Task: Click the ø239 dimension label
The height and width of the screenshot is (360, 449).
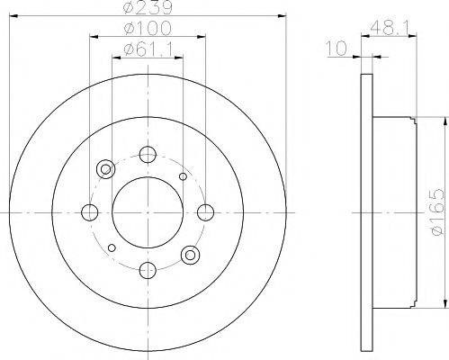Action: tap(148, 7)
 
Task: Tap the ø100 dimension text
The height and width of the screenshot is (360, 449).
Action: tap(148, 29)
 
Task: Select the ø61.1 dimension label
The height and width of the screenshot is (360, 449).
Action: tap(148, 49)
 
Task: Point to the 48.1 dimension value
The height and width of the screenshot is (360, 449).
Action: tap(390, 29)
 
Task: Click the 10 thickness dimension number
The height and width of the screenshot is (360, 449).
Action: tap(336, 49)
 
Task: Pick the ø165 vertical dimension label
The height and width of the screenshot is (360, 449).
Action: tap(436, 211)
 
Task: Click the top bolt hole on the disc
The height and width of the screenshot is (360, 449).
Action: tap(148, 155)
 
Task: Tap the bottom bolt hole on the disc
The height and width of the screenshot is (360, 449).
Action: tap(148, 270)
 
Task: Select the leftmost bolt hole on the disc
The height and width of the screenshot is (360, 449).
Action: tap(90, 212)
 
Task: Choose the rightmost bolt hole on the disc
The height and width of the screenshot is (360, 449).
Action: tap(206, 212)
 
